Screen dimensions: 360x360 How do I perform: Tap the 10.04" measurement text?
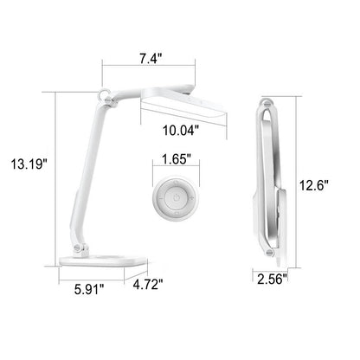[x=180, y=132]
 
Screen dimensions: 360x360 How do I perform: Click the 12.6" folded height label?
[x=332, y=184]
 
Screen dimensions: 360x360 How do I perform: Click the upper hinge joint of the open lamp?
[x=109, y=102]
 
